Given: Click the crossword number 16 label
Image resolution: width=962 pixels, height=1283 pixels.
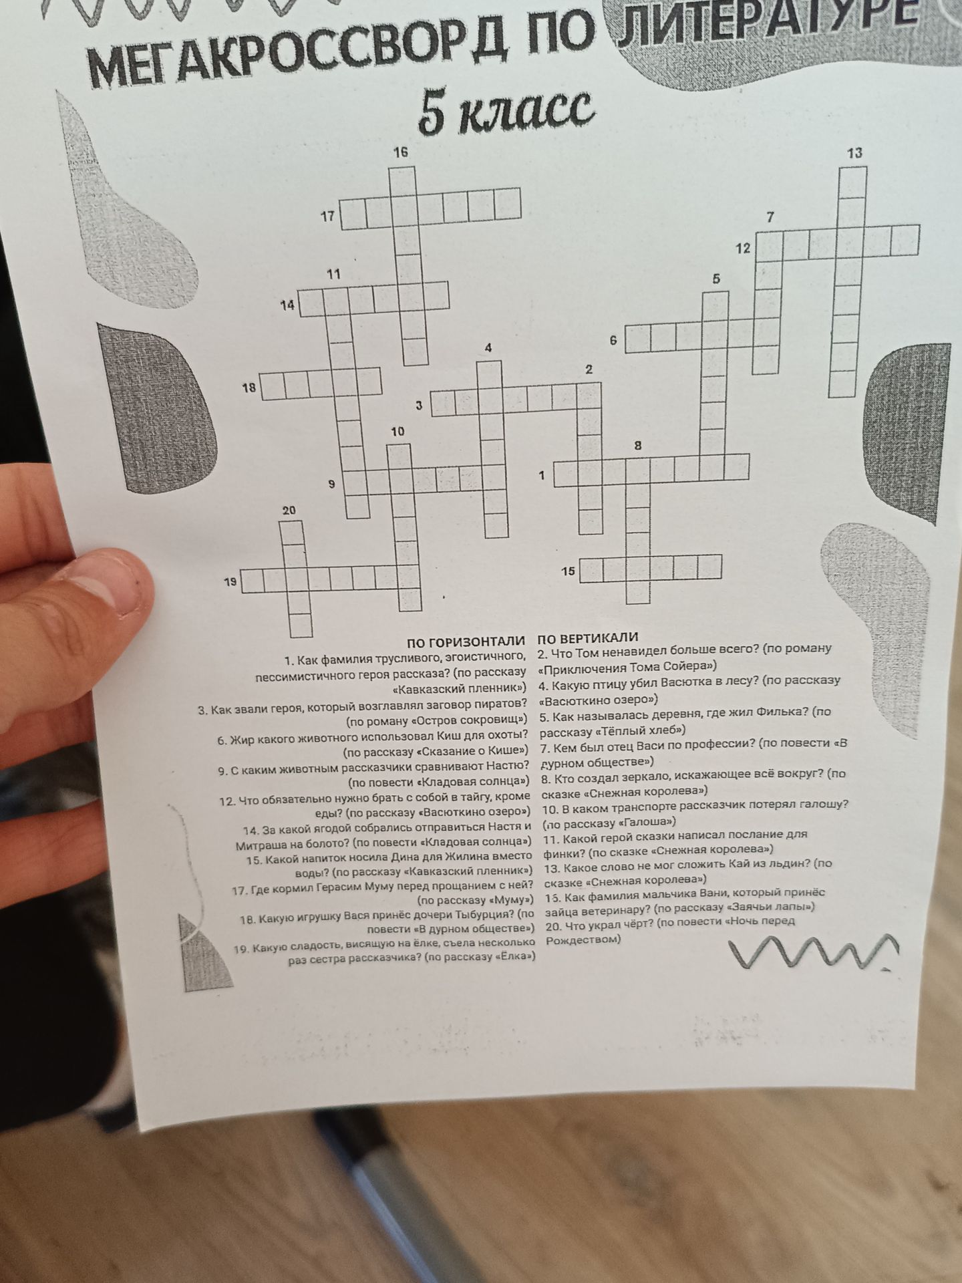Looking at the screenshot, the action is (x=400, y=152).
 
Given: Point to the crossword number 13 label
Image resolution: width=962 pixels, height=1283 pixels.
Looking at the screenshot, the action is (x=854, y=153).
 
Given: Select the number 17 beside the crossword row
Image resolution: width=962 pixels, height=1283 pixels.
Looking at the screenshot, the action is (x=327, y=217).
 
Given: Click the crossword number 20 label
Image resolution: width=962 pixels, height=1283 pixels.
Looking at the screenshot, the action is (x=289, y=511).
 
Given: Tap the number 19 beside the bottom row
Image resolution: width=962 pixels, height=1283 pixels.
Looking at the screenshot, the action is (x=230, y=581).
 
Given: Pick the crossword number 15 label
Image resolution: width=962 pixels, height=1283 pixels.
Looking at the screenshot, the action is (x=569, y=571).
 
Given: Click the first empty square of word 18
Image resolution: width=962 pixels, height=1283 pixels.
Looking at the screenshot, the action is (x=273, y=386).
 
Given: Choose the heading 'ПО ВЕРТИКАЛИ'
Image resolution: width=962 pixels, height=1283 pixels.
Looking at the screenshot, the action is (x=588, y=637).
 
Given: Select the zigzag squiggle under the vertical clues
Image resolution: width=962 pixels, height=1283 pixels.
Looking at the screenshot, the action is (x=815, y=951).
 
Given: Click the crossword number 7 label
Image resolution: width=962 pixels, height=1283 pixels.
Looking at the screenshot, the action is (x=770, y=217).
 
